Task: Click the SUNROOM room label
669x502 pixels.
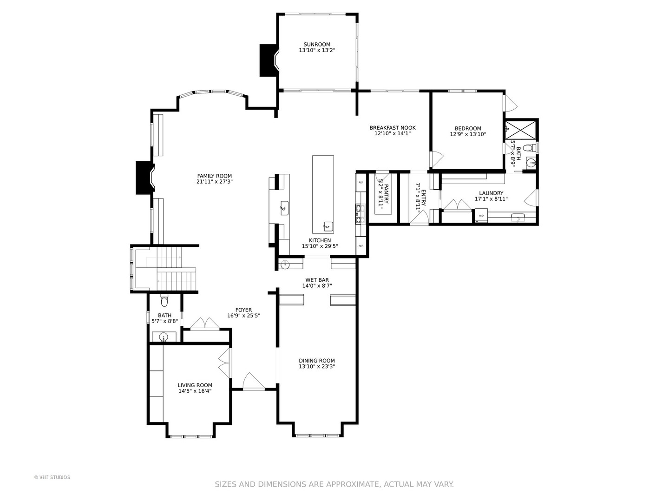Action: [x=317, y=45]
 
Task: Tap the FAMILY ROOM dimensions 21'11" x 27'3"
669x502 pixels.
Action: [x=215, y=182]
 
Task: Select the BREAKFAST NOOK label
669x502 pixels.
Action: [x=393, y=128]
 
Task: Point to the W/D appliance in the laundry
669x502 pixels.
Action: [x=481, y=216]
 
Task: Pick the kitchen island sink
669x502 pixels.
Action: [x=328, y=226]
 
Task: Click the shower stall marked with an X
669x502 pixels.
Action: [x=521, y=130]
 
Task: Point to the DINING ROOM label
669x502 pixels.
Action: [x=317, y=361]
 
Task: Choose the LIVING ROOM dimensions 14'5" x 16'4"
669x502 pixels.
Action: [x=195, y=391]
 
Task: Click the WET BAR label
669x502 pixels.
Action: [x=317, y=280]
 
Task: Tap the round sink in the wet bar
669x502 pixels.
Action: [x=285, y=265]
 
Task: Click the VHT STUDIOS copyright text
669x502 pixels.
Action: [x=52, y=477]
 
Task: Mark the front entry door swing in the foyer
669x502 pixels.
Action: [x=254, y=382]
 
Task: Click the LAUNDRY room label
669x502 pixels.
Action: [x=491, y=193]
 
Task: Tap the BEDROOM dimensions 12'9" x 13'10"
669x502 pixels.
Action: [x=468, y=134]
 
